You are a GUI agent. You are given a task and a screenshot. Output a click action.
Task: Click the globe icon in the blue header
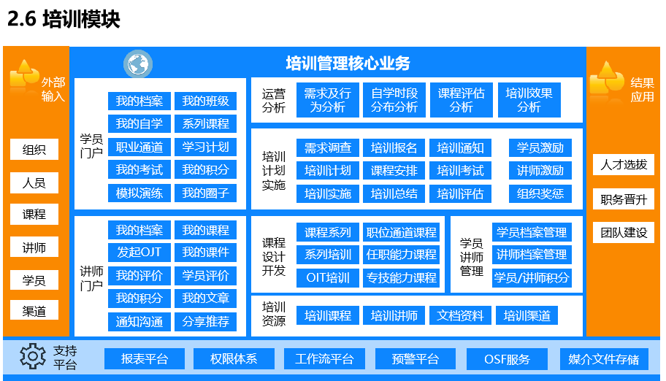tap(138, 64)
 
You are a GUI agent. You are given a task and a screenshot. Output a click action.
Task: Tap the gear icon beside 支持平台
tap(32, 356)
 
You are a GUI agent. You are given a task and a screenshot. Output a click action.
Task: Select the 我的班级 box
tap(206, 101)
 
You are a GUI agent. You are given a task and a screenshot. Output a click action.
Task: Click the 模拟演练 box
tap(139, 193)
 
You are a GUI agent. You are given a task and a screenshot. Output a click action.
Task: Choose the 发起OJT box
tap(139, 253)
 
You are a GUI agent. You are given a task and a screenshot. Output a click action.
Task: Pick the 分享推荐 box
tap(206, 322)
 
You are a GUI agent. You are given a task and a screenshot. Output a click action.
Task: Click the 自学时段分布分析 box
tap(394, 100)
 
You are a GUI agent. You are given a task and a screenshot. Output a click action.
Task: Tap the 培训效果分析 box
tap(529, 100)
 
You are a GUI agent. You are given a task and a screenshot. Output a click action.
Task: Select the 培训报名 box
tap(394, 148)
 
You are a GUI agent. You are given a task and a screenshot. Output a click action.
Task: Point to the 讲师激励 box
tap(540, 171)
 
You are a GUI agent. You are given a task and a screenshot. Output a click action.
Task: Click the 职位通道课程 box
tap(402, 232)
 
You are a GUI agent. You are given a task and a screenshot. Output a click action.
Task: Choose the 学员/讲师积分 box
tap(532, 278)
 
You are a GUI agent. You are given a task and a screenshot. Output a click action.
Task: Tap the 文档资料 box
tap(460, 315)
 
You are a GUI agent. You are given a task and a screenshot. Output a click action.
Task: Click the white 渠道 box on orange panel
tap(34, 312)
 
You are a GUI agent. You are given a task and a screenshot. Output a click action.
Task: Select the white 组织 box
tap(34, 150)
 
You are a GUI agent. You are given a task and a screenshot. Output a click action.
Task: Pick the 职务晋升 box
tap(624, 199)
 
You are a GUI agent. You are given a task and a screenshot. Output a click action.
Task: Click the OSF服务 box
tap(507, 359)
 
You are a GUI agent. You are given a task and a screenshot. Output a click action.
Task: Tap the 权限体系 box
tap(234, 359)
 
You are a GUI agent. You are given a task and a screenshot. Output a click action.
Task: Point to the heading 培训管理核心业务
tap(348, 64)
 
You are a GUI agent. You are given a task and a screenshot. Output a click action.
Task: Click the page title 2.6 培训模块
tap(64, 19)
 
